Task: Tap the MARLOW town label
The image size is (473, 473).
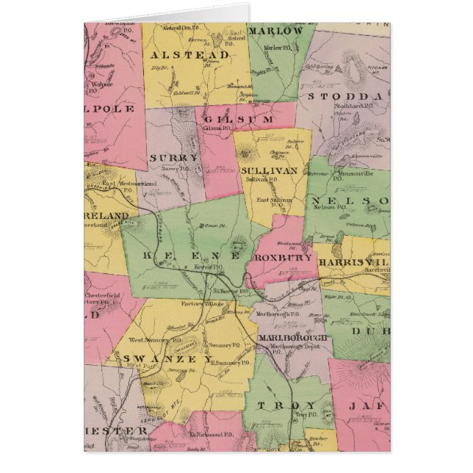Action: pyautogui.click(x=275, y=31)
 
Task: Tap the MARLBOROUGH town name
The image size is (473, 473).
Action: pyautogui.click(x=293, y=336)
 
